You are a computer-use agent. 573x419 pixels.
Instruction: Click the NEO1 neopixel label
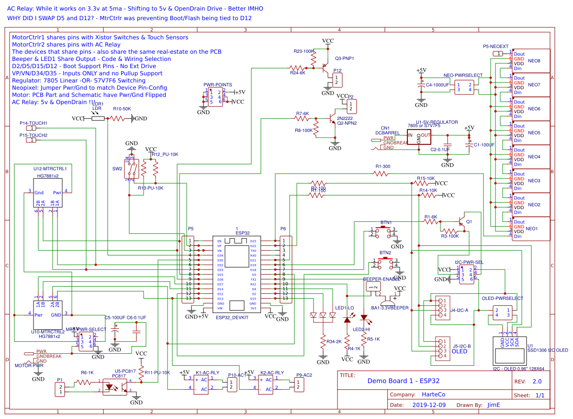click(x=532, y=229)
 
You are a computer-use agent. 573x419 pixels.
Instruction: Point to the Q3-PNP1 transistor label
click(x=344, y=58)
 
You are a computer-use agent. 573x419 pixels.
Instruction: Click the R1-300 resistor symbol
click(x=382, y=174)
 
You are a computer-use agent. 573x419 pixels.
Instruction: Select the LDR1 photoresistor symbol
click(x=98, y=118)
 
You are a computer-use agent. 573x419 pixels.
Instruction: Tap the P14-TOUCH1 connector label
click(x=33, y=123)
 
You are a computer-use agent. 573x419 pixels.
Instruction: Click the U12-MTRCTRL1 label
click(x=50, y=169)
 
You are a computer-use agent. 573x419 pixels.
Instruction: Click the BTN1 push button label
click(x=386, y=223)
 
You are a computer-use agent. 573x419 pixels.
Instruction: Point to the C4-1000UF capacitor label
click(x=438, y=85)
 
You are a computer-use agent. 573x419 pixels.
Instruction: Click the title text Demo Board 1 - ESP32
click(x=403, y=381)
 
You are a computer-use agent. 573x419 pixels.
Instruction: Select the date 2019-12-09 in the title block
click(x=429, y=405)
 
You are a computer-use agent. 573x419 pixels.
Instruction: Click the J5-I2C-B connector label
click(x=461, y=346)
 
